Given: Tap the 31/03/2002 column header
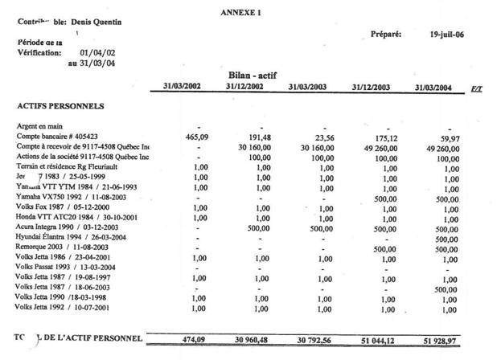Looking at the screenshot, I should (183, 87).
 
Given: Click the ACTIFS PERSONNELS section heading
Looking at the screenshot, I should (60, 105).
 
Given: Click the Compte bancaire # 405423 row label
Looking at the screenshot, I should (57, 137).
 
